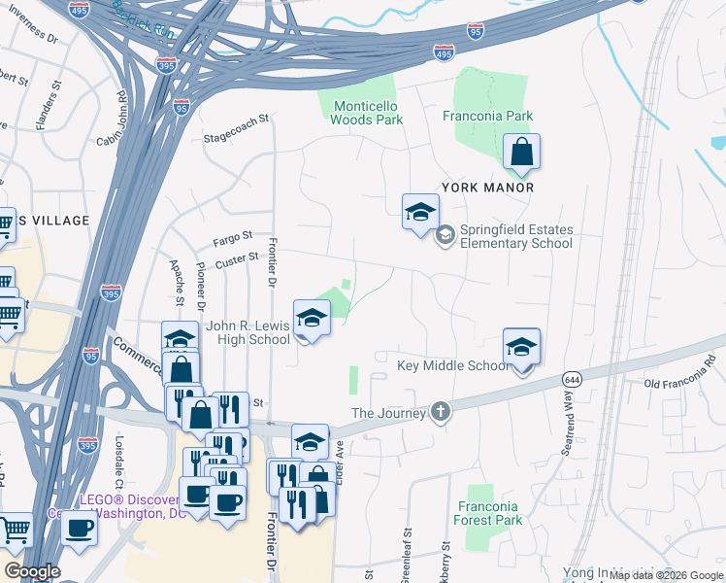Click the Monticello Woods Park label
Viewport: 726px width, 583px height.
pyautogui.click(x=367, y=113)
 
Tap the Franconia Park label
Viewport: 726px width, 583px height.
pyautogui.click(x=487, y=116)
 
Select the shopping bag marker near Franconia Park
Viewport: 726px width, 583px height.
pyautogui.click(x=522, y=152)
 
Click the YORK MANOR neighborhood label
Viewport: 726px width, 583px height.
pyautogui.click(x=487, y=187)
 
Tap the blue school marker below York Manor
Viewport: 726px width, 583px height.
pyautogui.click(x=420, y=212)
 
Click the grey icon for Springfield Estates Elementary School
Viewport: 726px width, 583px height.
pyautogui.click(x=445, y=234)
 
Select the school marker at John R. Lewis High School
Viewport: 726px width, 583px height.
pyautogui.click(x=312, y=318)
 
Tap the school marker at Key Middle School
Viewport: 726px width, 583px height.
pyautogui.click(x=521, y=347)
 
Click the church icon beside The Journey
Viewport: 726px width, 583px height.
pyautogui.click(x=442, y=412)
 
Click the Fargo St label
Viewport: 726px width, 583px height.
pyautogui.click(x=233, y=235)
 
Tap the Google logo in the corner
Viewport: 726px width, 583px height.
pyautogui.click(x=32, y=571)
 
